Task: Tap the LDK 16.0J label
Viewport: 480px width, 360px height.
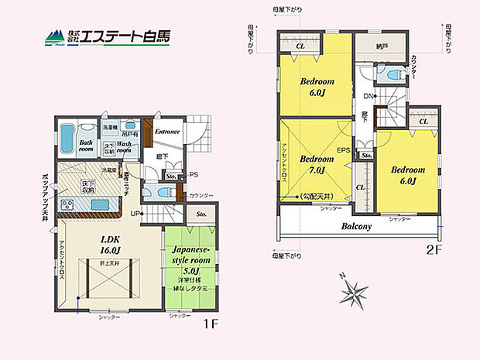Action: coord(110,245)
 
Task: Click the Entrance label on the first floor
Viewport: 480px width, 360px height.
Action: coord(166,132)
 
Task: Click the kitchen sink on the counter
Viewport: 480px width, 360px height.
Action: coord(101,204)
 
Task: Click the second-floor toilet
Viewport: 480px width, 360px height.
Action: coord(391,76)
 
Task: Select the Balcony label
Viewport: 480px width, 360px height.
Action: coord(357,227)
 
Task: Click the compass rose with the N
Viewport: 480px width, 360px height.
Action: coord(355,293)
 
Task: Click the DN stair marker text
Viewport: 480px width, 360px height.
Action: coord(367,96)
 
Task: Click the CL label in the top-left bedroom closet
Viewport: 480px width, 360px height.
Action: coord(302,46)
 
